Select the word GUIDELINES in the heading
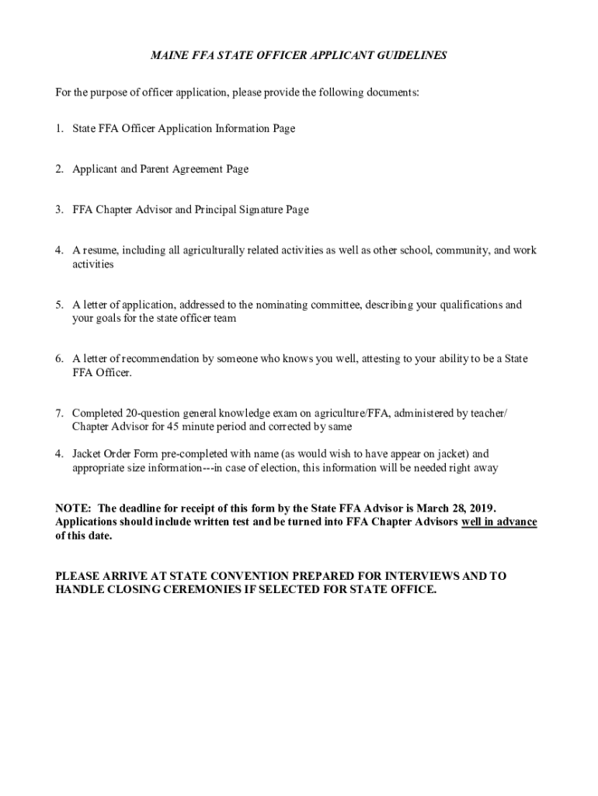click(x=410, y=56)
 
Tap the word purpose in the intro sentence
click(x=108, y=93)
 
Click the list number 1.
click(x=59, y=128)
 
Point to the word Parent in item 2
click(x=158, y=169)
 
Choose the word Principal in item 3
click(x=221, y=209)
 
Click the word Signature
click(x=269, y=209)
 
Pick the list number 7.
click(x=59, y=414)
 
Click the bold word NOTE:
click(x=72, y=508)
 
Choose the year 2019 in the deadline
click(x=481, y=508)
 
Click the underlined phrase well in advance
click(x=499, y=522)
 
